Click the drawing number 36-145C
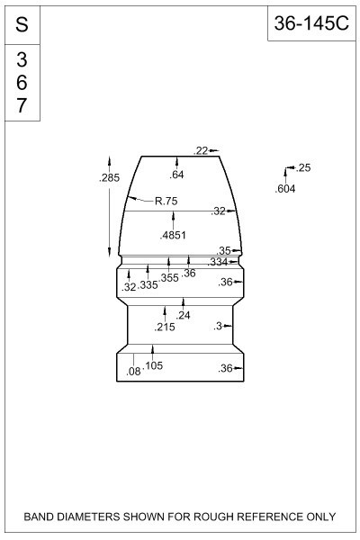click(311, 23)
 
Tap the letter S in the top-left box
click(22, 25)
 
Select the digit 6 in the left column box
click(22, 83)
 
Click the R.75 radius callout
click(166, 201)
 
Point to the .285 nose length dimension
click(109, 177)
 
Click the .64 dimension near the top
click(176, 175)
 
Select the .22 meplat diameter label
click(201, 151)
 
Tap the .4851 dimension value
click(173, 235)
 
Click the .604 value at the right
click(285, 189)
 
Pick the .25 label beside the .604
click(303, 167)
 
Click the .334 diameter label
click(218, 263)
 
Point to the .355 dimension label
click(169, 277)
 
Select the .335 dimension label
click(148, 285)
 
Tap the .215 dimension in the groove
click(165, 328)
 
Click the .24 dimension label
click(183, 315)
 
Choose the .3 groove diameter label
click(218, 326)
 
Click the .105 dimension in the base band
click(153, 365)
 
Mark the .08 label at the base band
click(134, 371)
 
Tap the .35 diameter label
click(223, 250)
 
